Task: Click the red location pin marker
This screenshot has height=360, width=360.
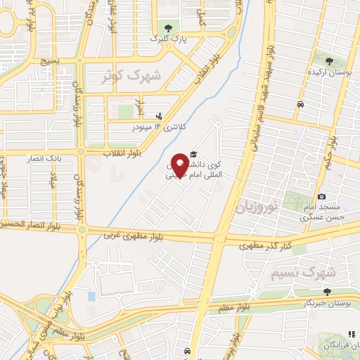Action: coord(180,165)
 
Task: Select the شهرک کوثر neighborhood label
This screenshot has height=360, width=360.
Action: coord(131,75)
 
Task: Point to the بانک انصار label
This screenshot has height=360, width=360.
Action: coord(65,158)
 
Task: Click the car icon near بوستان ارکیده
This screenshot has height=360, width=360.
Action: coord(300,103)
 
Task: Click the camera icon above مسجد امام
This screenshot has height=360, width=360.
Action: coord(321,197)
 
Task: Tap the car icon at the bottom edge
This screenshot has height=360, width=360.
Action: coord(186,350)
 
